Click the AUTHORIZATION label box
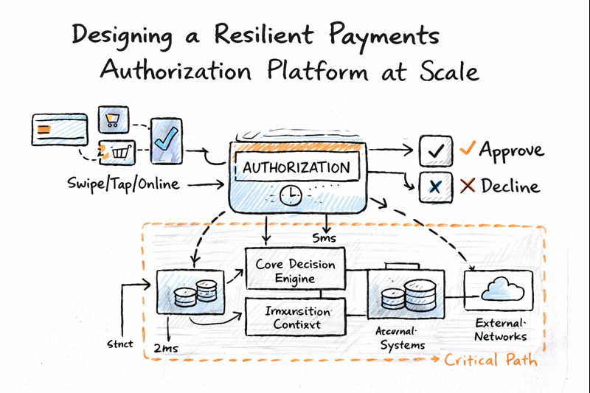296,167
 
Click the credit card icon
55,130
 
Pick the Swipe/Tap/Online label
122,184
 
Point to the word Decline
510,186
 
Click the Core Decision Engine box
294,271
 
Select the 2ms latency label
167,347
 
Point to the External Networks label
501,330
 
